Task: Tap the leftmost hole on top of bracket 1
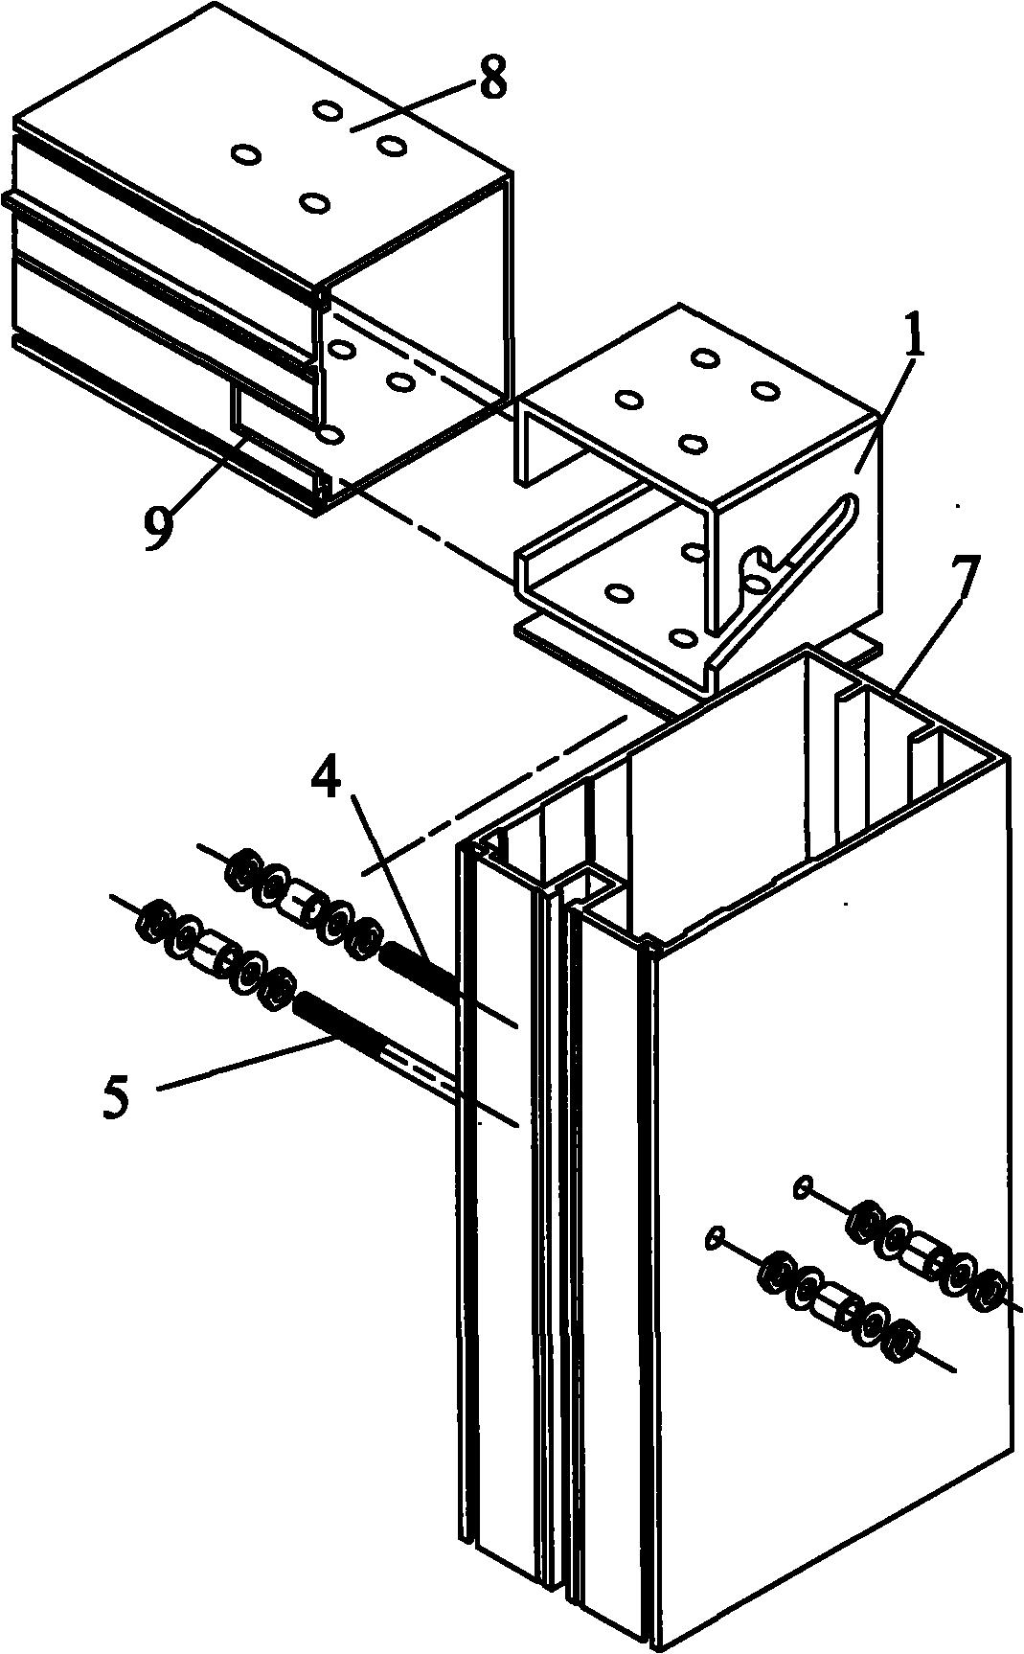[628, 399]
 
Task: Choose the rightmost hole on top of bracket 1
[763, 391]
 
